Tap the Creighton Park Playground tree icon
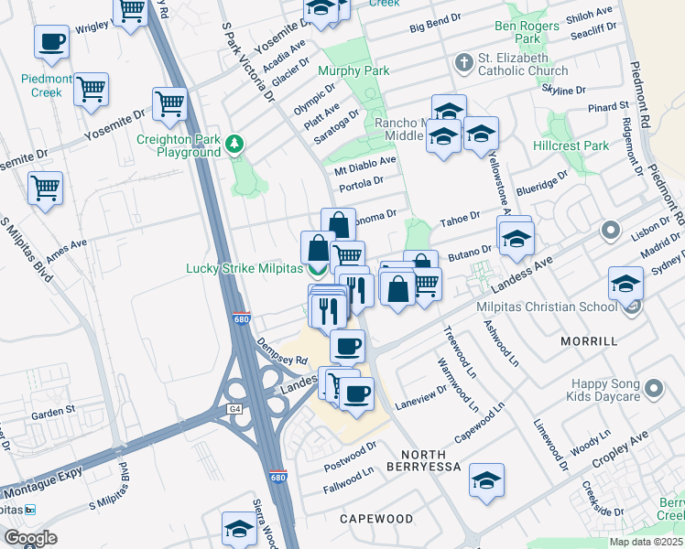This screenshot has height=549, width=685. [235, 143]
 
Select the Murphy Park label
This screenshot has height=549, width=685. [353, 70]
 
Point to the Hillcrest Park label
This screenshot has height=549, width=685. [571, 145]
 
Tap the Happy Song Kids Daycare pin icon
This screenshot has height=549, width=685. [653, 390]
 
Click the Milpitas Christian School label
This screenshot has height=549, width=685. [550, 307]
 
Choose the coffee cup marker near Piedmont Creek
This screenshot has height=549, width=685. [52, 41]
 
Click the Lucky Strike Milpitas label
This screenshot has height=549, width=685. [244, 268]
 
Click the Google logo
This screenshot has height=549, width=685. [30, 537]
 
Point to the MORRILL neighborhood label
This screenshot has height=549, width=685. [589, 340]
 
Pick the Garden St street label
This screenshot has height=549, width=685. [52, 414]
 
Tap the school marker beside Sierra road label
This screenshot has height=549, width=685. [239, 528]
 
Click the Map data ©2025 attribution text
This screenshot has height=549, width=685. [646, 542]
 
